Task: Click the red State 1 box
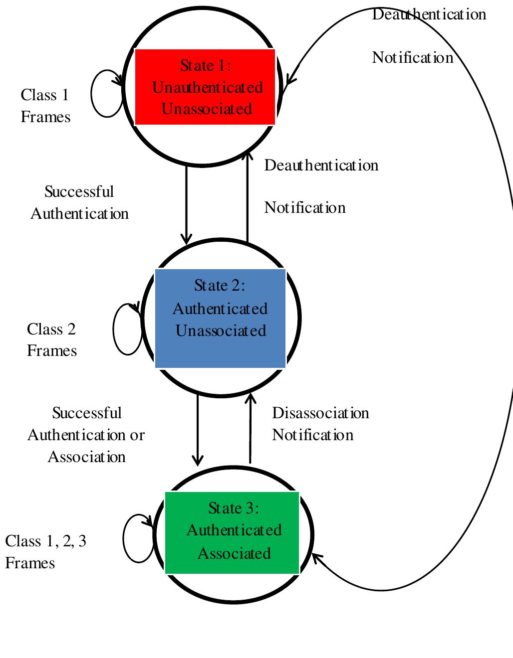205,87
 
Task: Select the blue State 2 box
220,318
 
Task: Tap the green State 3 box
232,532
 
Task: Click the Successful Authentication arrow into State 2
186,204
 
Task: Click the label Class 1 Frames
45,106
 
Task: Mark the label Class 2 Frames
51,340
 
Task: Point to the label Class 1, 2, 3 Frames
45,552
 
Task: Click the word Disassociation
320,413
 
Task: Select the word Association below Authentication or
86,457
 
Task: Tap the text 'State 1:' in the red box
206,66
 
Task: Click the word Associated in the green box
234,554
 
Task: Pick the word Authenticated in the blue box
220,309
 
